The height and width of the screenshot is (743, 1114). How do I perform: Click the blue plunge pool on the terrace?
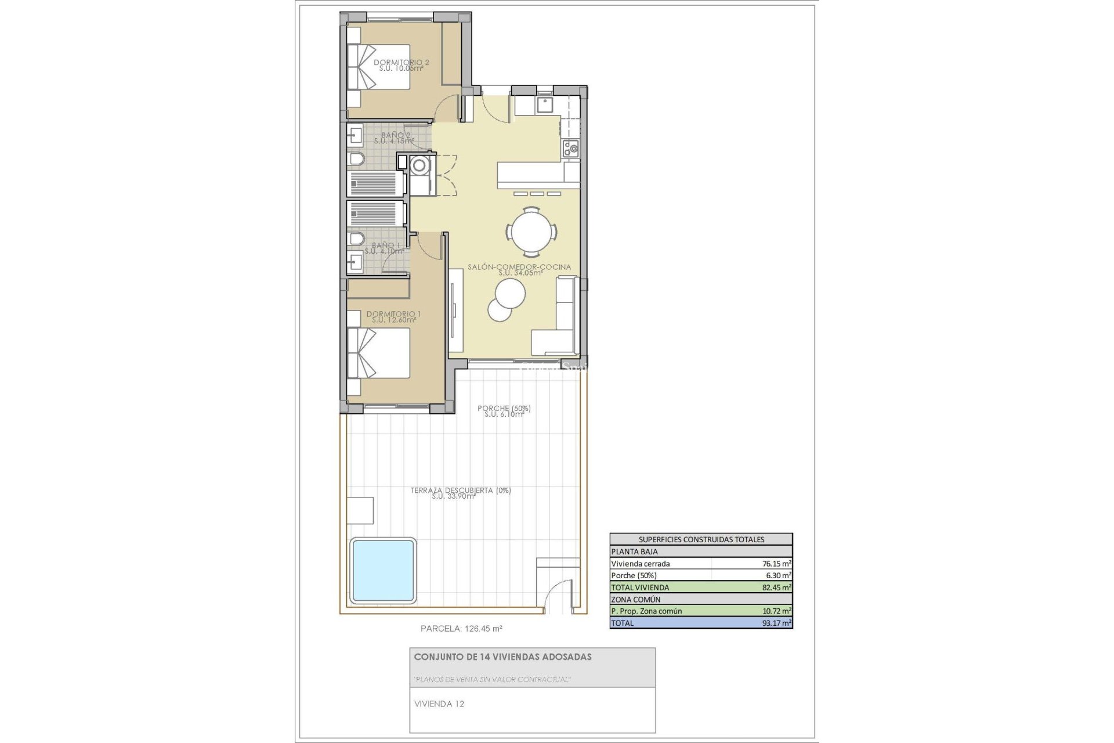click(383, 569)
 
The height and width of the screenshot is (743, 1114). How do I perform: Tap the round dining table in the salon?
click(531, 232)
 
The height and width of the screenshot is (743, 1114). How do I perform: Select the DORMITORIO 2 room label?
click(402, 63)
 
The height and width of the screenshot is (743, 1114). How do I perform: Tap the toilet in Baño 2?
click(356, 159)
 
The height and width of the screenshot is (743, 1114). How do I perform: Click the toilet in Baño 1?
click(356, 239)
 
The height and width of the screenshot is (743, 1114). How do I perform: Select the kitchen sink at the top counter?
click(544, 105)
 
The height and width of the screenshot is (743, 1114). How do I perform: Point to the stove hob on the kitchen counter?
click(571, 149)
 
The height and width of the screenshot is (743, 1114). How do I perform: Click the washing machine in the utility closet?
click(419, 165)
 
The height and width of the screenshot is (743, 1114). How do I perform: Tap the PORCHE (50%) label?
click(504, 409)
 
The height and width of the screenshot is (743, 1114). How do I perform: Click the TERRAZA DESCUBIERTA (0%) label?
click(461, 490)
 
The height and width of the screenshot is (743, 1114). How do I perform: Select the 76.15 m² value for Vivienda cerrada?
click(777, 564)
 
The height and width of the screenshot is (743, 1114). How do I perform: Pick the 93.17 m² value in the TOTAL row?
click(777, 623)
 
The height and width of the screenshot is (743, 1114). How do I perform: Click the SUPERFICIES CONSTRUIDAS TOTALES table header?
click(701, 539)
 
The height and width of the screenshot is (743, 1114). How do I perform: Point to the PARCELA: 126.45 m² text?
click(461, 628)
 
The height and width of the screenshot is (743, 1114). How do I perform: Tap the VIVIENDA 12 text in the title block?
click(439, 704)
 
